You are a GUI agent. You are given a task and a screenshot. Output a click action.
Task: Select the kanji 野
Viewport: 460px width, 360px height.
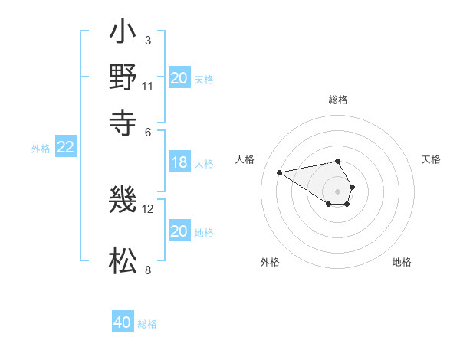123,77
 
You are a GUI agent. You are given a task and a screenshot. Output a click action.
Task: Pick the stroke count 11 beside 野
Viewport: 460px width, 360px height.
148,86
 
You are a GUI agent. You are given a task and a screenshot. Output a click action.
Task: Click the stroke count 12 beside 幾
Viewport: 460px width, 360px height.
148,208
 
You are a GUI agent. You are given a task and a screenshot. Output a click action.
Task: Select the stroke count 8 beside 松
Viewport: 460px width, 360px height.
148,270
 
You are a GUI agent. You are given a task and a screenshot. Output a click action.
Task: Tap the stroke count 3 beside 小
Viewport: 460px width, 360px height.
148,40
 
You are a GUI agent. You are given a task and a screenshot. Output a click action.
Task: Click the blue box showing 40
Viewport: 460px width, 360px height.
123,322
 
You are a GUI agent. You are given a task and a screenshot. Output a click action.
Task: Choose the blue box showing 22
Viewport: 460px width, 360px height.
65,148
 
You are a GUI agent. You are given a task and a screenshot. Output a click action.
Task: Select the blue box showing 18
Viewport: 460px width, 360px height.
179,162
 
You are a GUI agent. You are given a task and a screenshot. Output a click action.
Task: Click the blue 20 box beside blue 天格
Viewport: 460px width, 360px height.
179,78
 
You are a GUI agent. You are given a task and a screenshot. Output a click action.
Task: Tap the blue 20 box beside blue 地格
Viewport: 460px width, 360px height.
179,231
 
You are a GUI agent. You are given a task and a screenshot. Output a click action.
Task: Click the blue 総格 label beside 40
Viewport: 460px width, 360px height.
147,324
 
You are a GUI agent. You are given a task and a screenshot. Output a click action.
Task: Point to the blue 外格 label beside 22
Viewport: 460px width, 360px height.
41,149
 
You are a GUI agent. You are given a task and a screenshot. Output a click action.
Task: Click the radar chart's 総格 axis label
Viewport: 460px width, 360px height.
338,100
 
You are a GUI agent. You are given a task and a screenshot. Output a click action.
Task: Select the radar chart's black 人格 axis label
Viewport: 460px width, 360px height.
245,159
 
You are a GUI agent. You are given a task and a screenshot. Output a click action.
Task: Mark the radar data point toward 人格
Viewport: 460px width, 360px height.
279,172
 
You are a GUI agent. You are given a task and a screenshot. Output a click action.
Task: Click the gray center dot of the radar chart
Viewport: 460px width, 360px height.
338,191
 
